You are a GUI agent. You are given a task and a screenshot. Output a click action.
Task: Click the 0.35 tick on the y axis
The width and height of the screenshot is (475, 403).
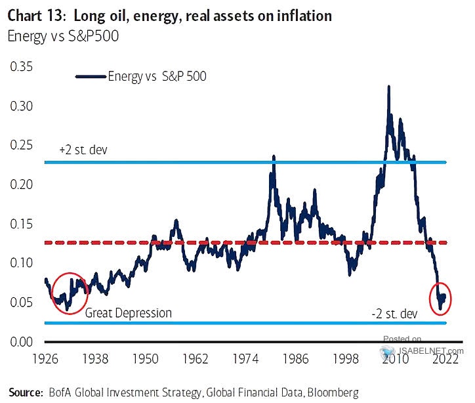[20, 66]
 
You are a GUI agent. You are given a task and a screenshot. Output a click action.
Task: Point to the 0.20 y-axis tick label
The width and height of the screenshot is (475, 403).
[20, 184]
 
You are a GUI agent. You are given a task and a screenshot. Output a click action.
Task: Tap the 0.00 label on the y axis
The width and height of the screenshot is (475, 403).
[20, 342]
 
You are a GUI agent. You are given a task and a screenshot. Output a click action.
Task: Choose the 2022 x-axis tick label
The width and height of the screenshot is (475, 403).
[435, 359]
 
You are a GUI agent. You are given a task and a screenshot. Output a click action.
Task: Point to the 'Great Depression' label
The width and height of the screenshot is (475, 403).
[128, 313]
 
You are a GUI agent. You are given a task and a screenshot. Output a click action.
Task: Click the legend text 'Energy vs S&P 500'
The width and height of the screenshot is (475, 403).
[158, 77]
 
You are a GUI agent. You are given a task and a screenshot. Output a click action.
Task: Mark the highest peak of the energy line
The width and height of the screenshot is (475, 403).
[389, 87]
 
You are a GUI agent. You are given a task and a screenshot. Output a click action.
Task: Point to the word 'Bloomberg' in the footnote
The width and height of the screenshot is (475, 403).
[330, 392]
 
